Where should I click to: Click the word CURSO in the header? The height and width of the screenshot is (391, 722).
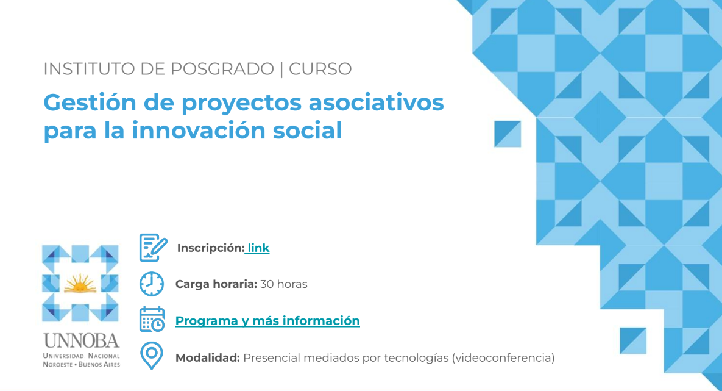pos(320,69)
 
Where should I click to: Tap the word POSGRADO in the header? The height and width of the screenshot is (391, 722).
pos(222,69)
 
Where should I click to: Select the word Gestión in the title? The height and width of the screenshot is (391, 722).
pos(90,102)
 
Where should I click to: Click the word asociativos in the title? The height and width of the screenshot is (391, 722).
pos(376,102)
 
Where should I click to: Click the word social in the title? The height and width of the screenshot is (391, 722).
pos(308,131)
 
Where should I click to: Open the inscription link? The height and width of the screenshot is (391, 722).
pos(258,248)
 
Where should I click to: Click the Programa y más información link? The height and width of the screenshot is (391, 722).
pos(267,321)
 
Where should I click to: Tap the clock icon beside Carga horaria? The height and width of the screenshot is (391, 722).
pos(152,284)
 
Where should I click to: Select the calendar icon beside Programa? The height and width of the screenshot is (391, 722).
pos(152,320)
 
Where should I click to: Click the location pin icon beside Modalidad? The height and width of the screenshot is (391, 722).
pos(152,356)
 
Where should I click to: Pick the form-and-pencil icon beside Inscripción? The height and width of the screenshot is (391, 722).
pos(153,248)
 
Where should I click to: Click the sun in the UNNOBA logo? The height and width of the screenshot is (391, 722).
pos(80,284)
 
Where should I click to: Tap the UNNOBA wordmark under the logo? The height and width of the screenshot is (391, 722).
pos(82,341)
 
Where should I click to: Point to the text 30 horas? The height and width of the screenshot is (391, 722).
pos(284,284)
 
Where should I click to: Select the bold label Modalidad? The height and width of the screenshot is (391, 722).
pos(208,358)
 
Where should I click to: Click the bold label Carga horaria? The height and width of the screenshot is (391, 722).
pos(216,284)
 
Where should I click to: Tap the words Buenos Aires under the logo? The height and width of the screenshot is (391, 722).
pos(99,364)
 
